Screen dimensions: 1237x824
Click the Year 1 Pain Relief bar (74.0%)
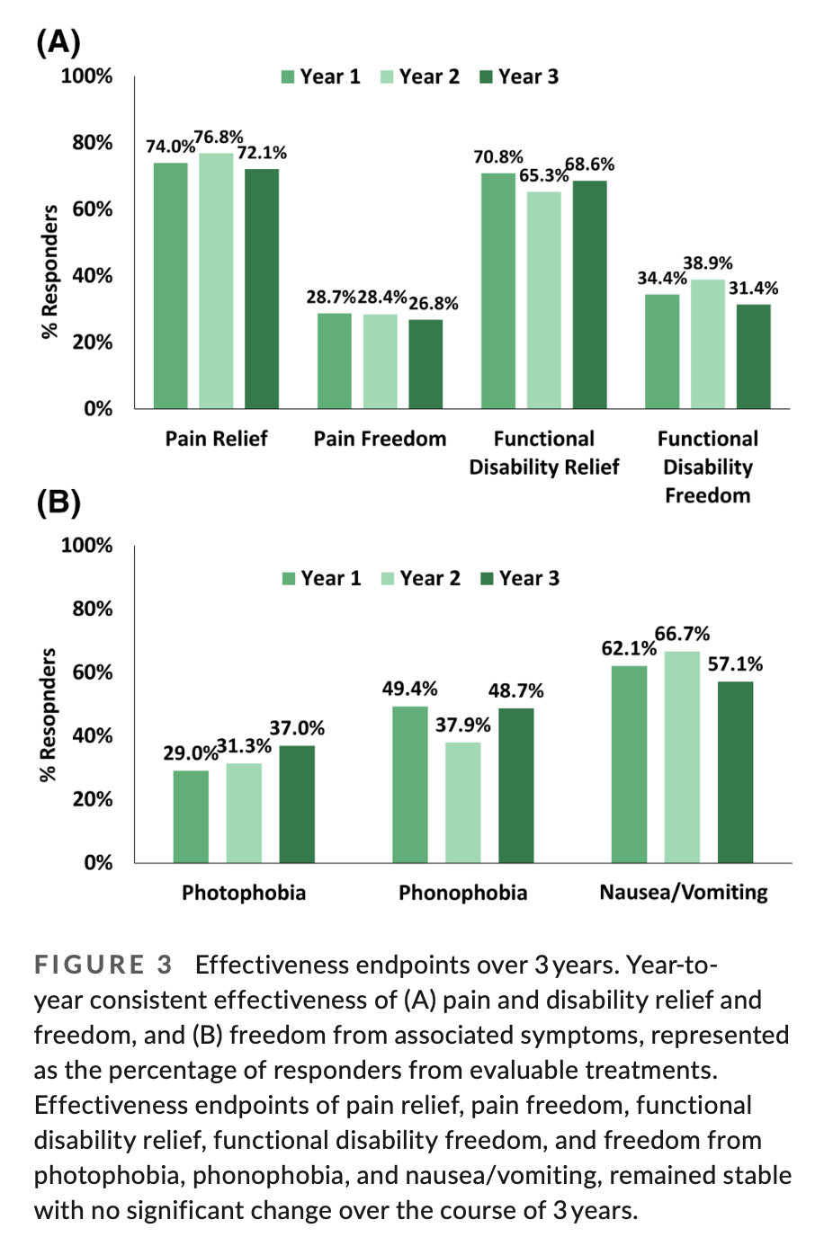171,286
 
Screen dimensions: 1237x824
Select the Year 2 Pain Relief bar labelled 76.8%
216,280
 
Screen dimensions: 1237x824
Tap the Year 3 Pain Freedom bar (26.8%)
425,364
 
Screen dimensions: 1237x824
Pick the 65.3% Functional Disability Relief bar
544,300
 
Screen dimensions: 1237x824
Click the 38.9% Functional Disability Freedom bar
708,344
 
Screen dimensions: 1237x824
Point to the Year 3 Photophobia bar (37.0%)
297,804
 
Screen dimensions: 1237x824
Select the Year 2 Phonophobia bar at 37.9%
463,802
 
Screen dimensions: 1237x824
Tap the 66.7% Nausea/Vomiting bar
682,757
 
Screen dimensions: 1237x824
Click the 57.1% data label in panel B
735,664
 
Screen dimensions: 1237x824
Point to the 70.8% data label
498,157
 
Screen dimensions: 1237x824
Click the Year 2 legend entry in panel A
420,77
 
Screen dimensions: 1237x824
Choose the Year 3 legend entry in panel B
520,578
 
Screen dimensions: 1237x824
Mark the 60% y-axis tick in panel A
93,209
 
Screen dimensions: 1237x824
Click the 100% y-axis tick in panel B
87,546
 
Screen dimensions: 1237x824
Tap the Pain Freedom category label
380,439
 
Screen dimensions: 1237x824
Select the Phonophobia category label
462,893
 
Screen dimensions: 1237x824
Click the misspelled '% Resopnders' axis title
49,715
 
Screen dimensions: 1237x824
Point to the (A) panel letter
58,42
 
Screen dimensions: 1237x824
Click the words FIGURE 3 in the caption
103,966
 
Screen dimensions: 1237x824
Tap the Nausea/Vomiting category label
684,893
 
